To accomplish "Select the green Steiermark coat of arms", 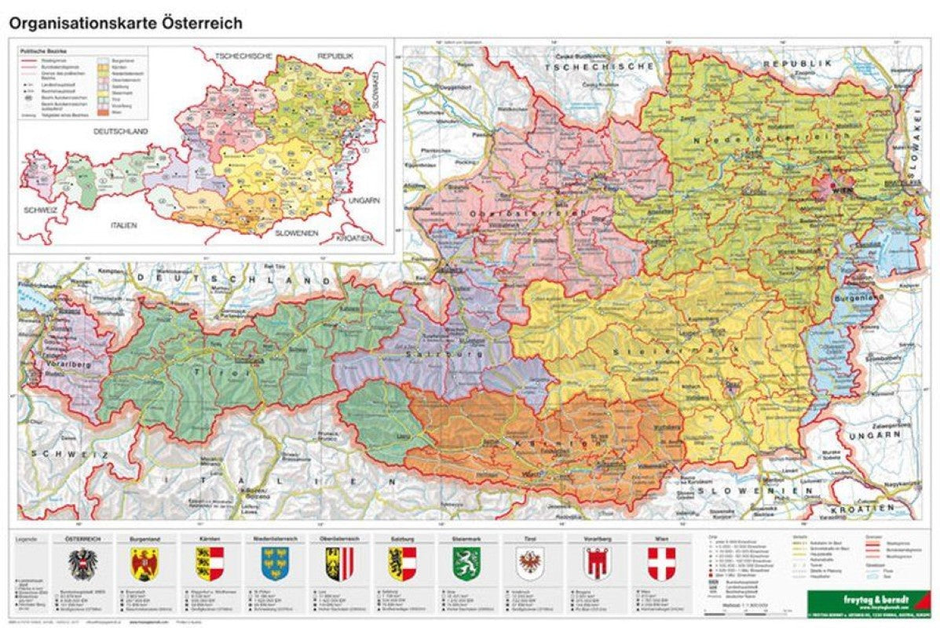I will click(466, 564).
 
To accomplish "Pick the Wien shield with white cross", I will click(660, 564).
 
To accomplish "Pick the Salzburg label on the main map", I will click(432, 354).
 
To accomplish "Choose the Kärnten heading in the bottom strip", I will click(209, 539).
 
